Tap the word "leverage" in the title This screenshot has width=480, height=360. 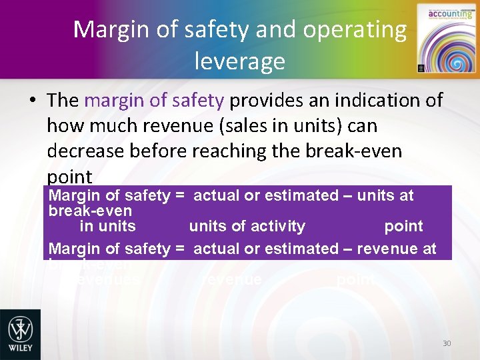click(x=240, y=61)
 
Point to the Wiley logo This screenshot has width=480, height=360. click(x=20, y=334)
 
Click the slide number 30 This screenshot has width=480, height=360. click(x=447, y=343)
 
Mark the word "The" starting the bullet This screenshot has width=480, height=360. click(x=63, y=101)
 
